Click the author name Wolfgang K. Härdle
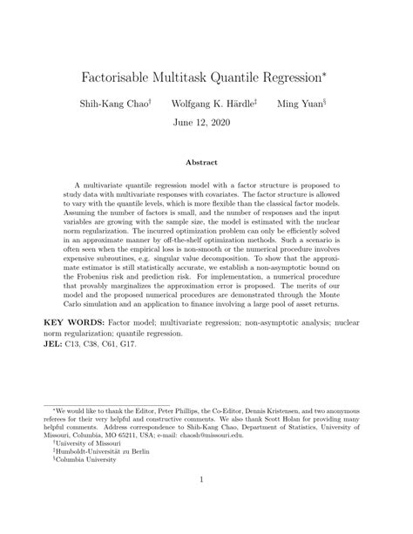coord(213,104)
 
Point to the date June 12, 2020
coord(206,123)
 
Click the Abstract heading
coord(206,162)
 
